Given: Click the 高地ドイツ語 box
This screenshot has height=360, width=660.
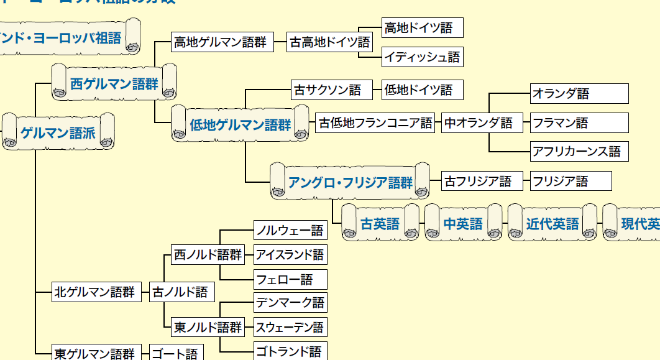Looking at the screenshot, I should (422, 28).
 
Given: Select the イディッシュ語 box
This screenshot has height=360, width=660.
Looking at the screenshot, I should (422, 57).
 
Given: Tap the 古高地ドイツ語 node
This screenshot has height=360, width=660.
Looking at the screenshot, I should (329, 42).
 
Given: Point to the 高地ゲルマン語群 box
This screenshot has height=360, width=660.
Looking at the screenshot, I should (220, 42).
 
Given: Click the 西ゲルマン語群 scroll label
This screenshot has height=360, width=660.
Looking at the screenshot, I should (114, 83).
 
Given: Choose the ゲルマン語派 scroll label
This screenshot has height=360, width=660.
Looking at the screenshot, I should (58, 132).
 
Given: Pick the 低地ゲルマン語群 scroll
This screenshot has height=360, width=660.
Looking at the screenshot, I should (240, 124).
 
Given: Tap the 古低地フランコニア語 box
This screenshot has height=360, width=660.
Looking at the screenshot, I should (375, 122).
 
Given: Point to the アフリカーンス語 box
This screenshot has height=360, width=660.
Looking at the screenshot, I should (579, 151).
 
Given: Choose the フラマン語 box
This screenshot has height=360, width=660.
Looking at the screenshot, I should (579, 122).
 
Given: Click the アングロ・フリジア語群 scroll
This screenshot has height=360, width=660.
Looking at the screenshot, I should (351, 182).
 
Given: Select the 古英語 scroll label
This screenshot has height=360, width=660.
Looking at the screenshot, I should (380, 224).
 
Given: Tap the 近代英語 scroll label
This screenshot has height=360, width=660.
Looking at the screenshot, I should (552, 224).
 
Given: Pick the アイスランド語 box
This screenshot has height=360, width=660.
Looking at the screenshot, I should (290, 255).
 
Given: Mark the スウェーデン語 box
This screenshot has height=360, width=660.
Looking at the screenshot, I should (290, 327).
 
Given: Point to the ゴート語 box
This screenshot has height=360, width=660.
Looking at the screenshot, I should (175, 354).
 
